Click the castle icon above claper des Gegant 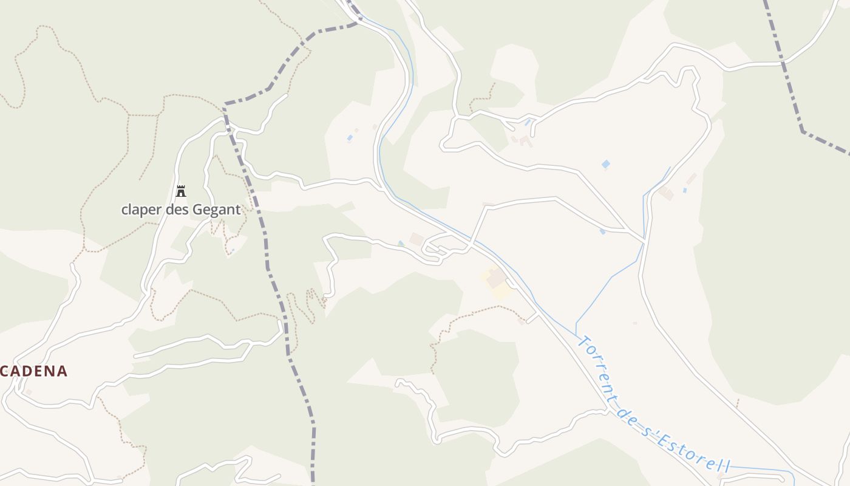[180, 191]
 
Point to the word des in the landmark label [178, 210]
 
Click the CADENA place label [33, 371]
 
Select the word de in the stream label [627, 413]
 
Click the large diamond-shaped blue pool [605, 164]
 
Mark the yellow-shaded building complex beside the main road [498, 282]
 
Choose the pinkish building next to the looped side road [416, 239]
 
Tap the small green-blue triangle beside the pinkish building [400, 244]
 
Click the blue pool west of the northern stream [350, 138]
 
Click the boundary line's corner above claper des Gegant [225, 108]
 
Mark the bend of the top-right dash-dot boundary [803, 130]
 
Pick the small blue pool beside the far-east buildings [684, 190]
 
